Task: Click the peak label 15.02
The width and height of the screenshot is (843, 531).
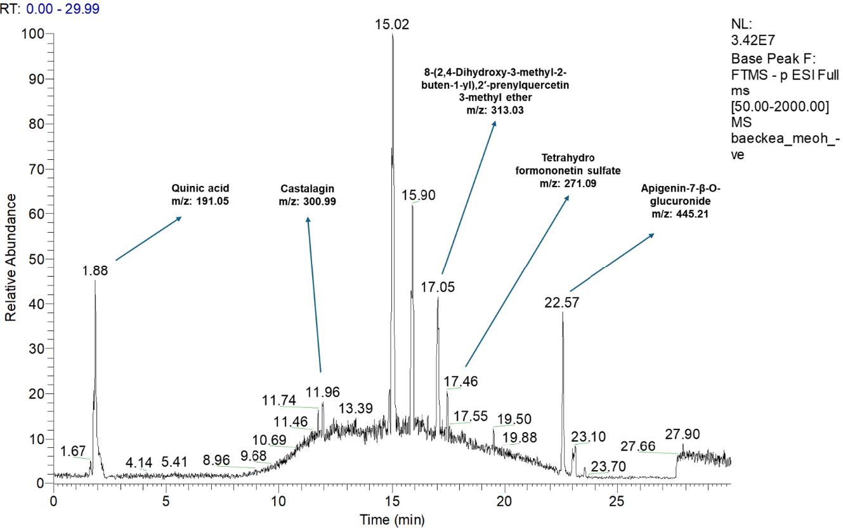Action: [x=393, y=25]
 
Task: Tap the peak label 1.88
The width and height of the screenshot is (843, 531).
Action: [x=95, y=270]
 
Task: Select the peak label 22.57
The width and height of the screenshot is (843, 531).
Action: [x=561, y=303]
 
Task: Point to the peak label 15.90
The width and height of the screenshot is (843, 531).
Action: [x=419, y=195]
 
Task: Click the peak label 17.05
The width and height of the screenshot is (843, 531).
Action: [x=438, y=287]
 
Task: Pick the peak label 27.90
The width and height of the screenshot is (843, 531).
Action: [x=683, y=435]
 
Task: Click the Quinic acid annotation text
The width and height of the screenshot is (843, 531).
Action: [x=200, y=188]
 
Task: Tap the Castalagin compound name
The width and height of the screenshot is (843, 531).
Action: [x=307, y=188]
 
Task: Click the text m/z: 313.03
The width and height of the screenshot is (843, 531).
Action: [x=496, y=110]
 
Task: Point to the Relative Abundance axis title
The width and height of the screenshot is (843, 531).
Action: [x=11, y=258]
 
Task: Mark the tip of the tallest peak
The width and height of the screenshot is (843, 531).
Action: [x=393, y=34]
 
